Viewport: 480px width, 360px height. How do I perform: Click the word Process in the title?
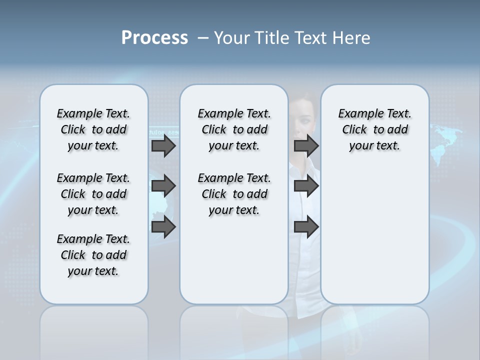[154, 38]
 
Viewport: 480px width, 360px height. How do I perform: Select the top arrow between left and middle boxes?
[163, 146]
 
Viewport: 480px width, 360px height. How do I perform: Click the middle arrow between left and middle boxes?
[163, 186]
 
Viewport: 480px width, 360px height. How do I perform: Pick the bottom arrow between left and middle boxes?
[163, 226]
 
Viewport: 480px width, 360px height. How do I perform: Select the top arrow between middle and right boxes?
[306, 145]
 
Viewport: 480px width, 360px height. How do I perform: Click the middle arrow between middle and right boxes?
[306, 186]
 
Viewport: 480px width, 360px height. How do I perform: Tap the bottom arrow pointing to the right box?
[306, 226]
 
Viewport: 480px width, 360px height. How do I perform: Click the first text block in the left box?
[93, 129]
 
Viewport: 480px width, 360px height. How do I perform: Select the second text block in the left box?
[93, 194]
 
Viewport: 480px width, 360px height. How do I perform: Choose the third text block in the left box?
[93, 255]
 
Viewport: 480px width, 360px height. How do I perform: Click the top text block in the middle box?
[234, 129]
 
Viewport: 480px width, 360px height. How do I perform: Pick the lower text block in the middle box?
[234, 194]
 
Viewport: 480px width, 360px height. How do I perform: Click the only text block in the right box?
[374, 129]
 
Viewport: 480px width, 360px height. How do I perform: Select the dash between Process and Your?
[203, 38]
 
